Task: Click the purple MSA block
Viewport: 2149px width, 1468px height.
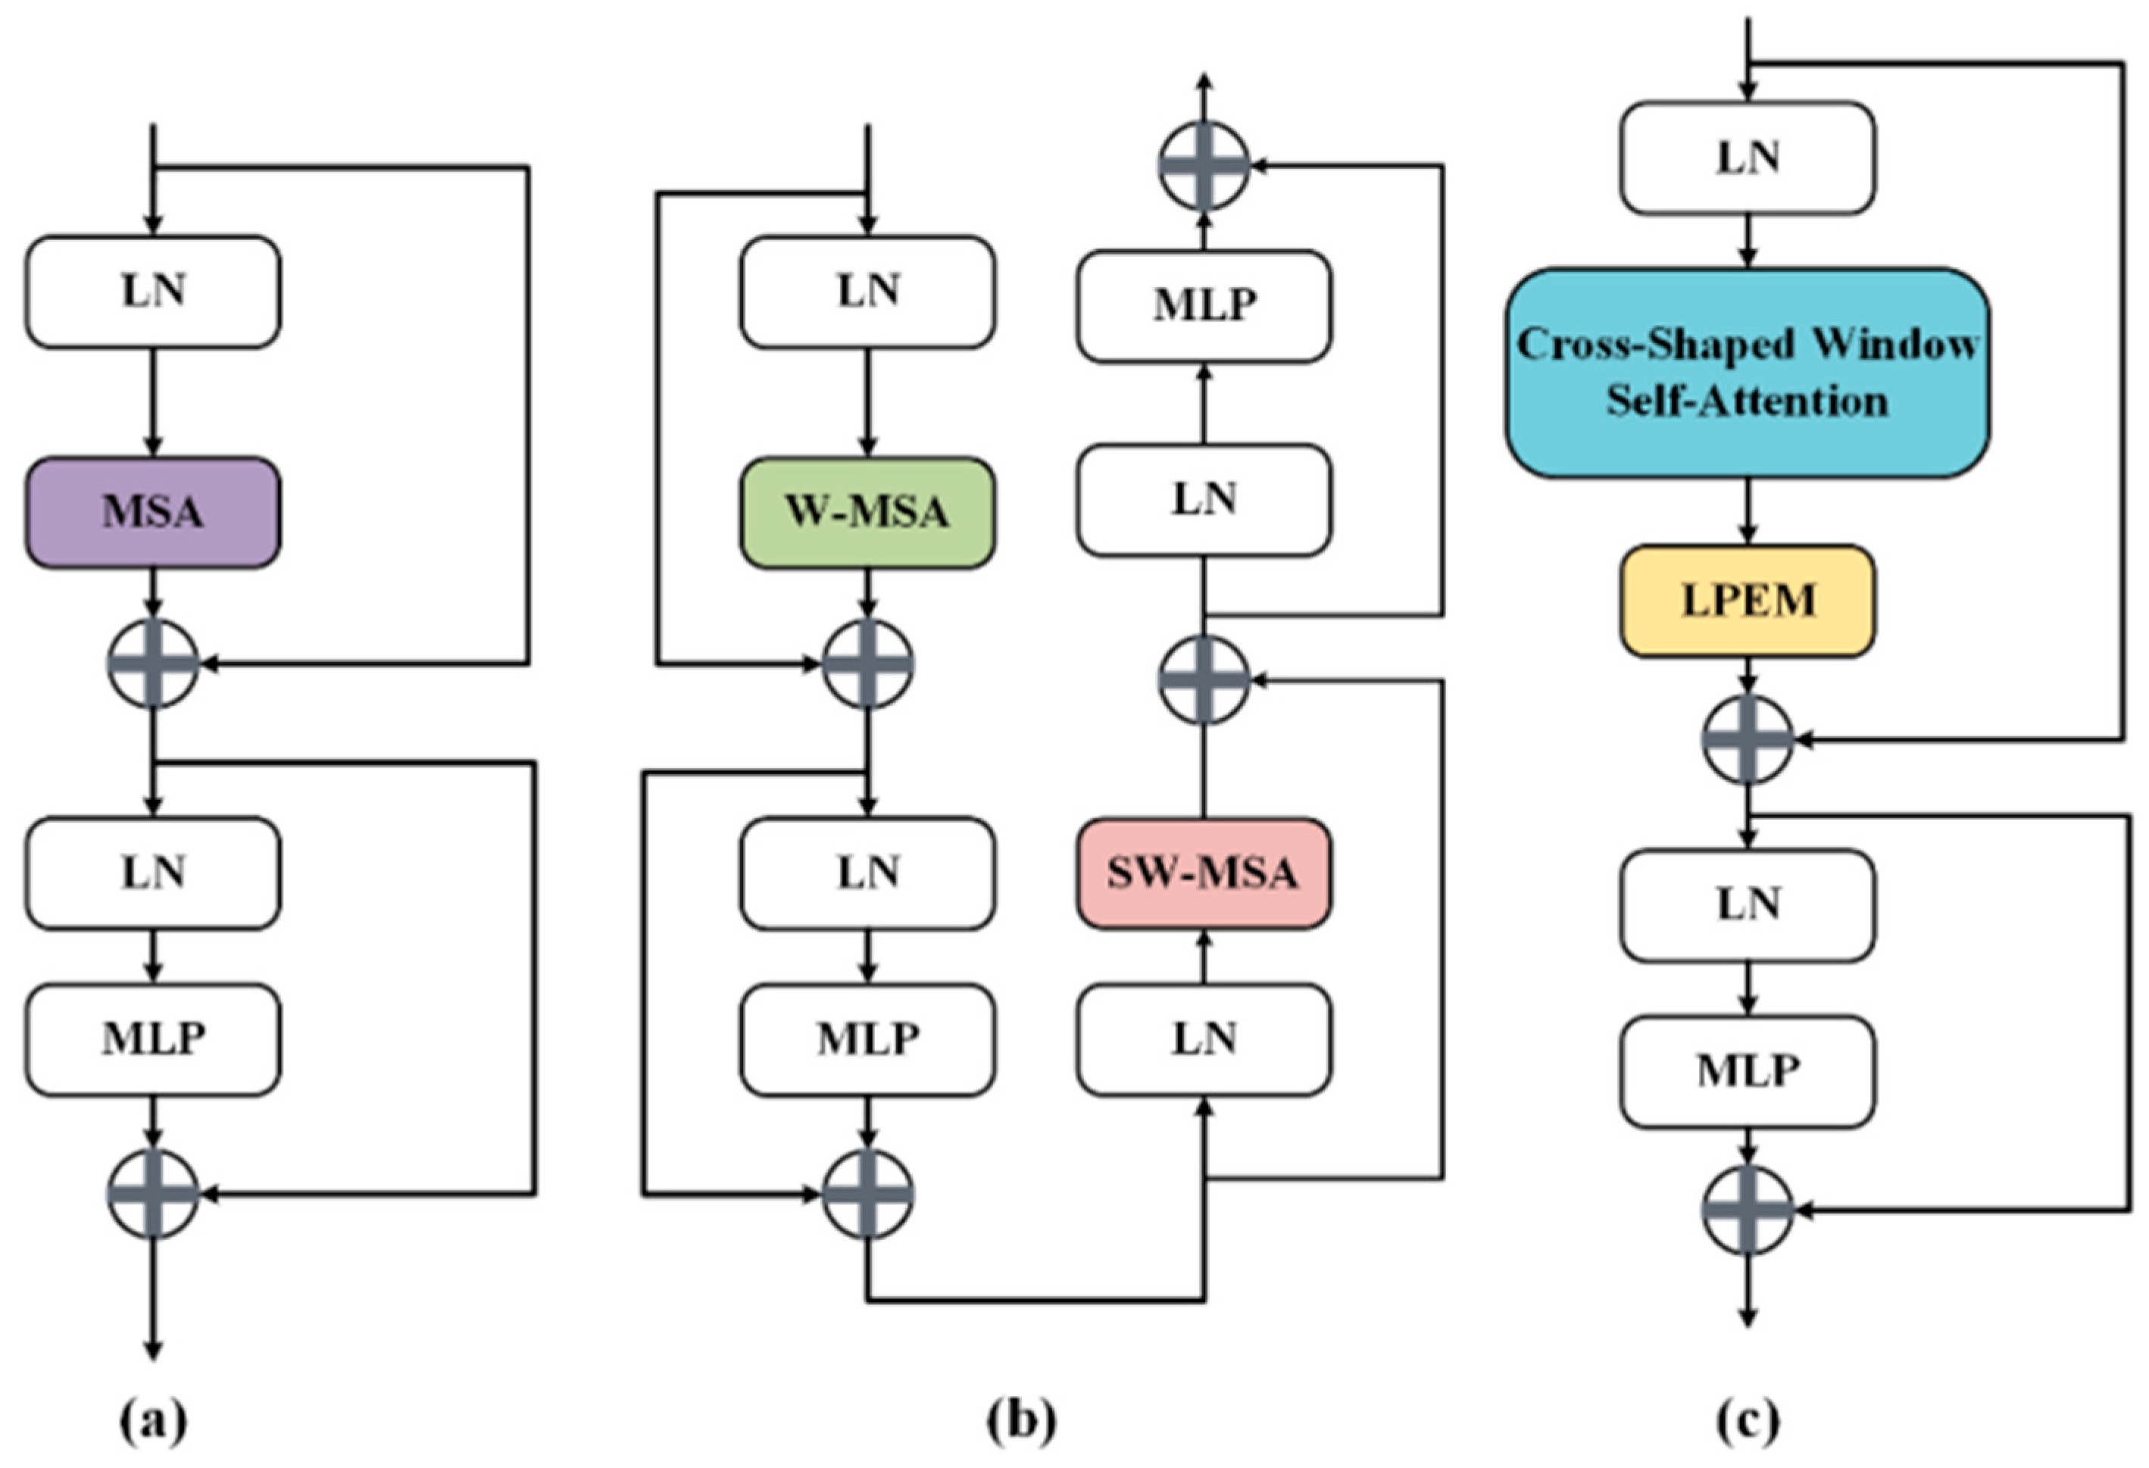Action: (152, 512)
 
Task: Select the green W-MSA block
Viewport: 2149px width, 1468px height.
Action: (867, 512)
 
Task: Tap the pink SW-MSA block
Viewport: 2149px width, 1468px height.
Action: (1203, 873)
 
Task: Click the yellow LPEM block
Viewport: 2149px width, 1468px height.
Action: (1747, 601)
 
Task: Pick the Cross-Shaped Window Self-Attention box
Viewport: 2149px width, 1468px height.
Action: (1747, 373)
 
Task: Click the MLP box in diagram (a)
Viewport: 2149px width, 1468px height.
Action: (152, 1039)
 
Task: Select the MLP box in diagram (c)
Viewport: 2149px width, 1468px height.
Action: (1747, 1071)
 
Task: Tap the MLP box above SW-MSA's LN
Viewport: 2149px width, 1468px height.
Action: (1203, 305)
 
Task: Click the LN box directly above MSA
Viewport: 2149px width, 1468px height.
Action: (152, 291)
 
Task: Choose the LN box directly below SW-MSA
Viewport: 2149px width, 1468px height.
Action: (1203, 1039)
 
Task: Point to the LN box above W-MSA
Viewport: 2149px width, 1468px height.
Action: (867, 291)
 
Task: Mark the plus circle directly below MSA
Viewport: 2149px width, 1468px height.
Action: (152, 664)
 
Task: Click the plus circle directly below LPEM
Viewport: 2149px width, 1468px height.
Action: (1747, 739)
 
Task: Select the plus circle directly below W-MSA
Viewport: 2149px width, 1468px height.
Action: (867, 664)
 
